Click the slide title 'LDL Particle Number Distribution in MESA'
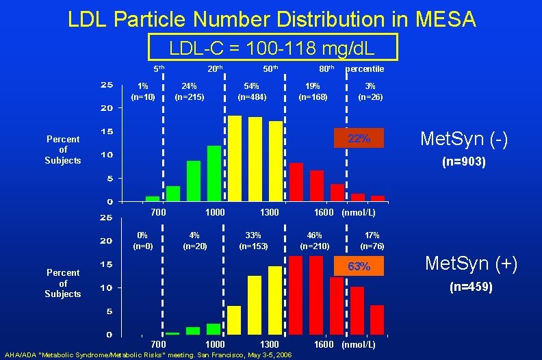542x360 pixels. [272, 18]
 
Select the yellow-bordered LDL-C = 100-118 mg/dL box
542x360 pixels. [272, 48]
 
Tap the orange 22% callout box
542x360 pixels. [359, 139]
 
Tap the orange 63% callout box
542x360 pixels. [359, 266]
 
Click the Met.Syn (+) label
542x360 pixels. [471, 263]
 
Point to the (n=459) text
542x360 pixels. [471, 287]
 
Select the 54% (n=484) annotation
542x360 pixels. [252, 92]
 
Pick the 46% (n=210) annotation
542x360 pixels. [315, 241]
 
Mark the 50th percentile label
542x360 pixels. [270, 69]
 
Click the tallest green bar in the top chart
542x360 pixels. [214, 173]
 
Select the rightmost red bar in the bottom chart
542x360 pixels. [377, 319]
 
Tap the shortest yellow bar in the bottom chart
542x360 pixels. [234, 320]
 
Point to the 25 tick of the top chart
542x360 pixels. [107, 86]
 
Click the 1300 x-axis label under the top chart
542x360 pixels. [269, 213]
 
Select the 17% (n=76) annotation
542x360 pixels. [372, 241]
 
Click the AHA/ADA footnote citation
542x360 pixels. [146, 355]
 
